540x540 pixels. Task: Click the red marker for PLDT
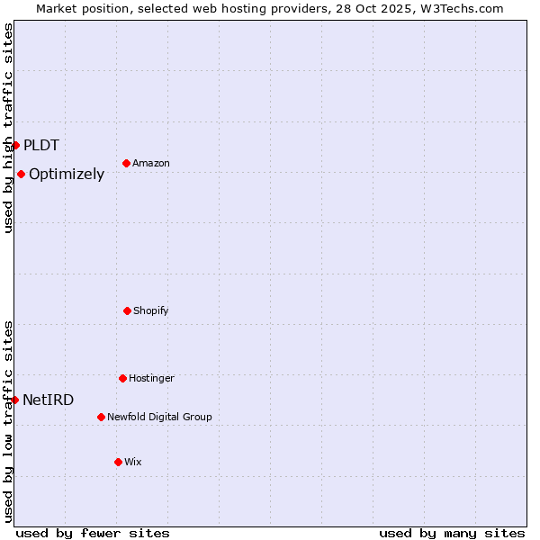15,145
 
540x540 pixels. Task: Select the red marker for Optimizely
21,174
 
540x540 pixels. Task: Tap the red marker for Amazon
126,163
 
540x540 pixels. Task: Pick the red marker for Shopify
127,310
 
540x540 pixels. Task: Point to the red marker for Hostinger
122,378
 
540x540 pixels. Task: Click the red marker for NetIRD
14,400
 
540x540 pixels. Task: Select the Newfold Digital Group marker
101,417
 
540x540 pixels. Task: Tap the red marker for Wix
118,462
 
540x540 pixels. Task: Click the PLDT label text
41,145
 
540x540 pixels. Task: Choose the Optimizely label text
67,175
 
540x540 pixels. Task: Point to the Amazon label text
151,163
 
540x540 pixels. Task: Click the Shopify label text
151,310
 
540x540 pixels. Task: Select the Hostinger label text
151,378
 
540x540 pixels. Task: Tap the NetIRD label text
49,400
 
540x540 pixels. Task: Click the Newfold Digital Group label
159,417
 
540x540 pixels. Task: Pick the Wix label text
133,462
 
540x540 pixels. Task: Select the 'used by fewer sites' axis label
93,533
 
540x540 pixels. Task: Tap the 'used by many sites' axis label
452,533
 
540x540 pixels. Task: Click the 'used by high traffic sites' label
8,128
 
